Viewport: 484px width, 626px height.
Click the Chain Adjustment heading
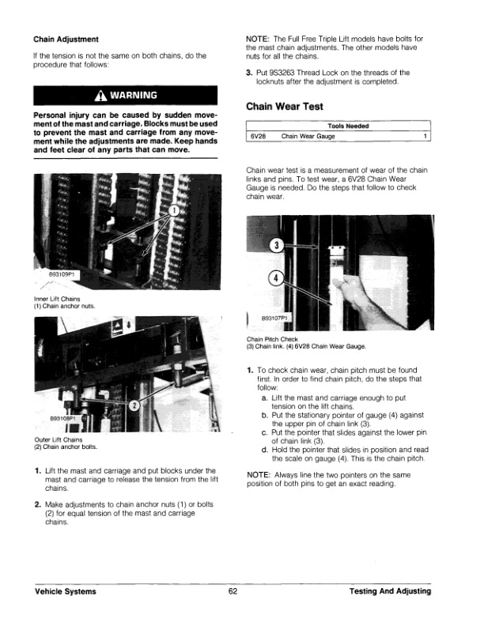66,38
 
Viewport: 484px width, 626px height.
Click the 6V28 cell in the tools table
259,137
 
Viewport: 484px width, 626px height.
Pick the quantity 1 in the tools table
425,137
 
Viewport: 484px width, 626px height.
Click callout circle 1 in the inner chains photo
175,212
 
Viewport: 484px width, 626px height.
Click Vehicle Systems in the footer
65,592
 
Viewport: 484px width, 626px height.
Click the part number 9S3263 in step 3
282,72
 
